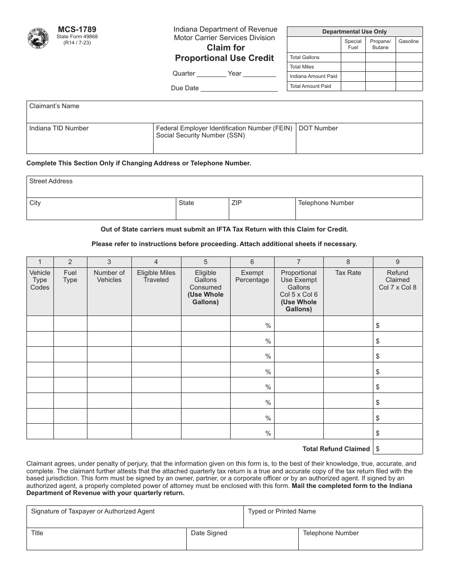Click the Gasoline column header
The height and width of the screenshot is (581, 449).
point(408,42)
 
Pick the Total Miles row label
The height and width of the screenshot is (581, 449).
point(302,67)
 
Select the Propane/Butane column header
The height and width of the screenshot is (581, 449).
point(380,44)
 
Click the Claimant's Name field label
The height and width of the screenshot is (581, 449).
point(54,106)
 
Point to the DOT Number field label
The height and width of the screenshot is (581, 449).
point(318,128)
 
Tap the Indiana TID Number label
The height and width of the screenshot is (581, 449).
point(59,128)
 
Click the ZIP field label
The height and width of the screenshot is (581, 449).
point(236,203)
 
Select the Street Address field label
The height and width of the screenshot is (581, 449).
point(51,181)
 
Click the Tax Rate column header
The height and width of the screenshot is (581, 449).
point(348,273)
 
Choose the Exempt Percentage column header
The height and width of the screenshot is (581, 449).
point(252,276)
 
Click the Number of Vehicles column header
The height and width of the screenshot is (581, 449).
point(109,276)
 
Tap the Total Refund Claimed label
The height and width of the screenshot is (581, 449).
point(336,449)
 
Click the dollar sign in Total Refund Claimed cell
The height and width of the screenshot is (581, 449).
point(378,449)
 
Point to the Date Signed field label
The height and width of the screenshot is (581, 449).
point(209,533)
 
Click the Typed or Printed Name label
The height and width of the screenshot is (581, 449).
point(282,512)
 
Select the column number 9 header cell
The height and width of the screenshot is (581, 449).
point(397,262)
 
